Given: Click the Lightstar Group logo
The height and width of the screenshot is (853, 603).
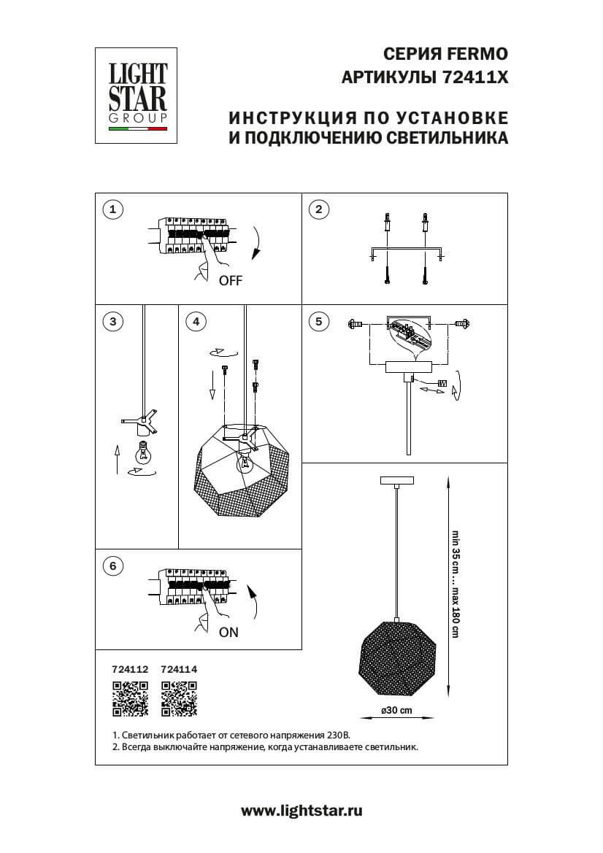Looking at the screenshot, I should [x=138, y=94].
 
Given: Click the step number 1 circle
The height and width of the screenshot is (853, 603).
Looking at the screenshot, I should [x=112, y=210].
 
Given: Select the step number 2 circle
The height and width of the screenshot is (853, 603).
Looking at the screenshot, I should [x=318, y=210].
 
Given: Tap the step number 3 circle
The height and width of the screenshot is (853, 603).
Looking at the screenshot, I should [x=112, y=321].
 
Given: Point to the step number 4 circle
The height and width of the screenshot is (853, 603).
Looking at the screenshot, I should [x=195, y=321].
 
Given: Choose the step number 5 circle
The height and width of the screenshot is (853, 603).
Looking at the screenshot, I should [x=318, y=321].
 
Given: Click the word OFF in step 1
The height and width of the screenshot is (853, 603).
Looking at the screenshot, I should [x=230, y=281].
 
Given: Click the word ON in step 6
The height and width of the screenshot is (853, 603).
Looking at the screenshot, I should [x=228, y=633].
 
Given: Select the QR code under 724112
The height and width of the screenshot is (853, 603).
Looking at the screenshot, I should [x=130, y=698].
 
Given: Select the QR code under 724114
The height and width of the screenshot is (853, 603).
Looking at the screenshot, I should [x=179, y=698].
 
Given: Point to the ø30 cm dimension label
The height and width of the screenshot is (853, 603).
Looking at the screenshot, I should [x=396, y=711].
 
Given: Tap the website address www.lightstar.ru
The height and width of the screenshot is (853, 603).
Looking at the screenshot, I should [x=301, y=810].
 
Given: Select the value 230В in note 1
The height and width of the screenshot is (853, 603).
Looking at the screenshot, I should [x=337, y=736].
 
